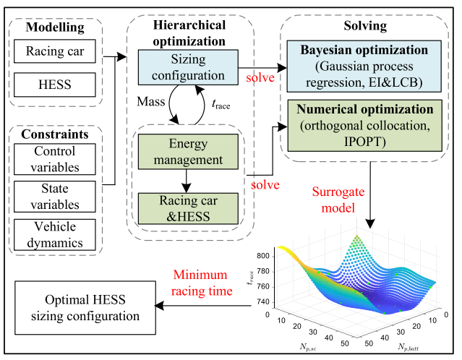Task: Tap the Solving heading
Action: pyautogui.click(x=365, y=25)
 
